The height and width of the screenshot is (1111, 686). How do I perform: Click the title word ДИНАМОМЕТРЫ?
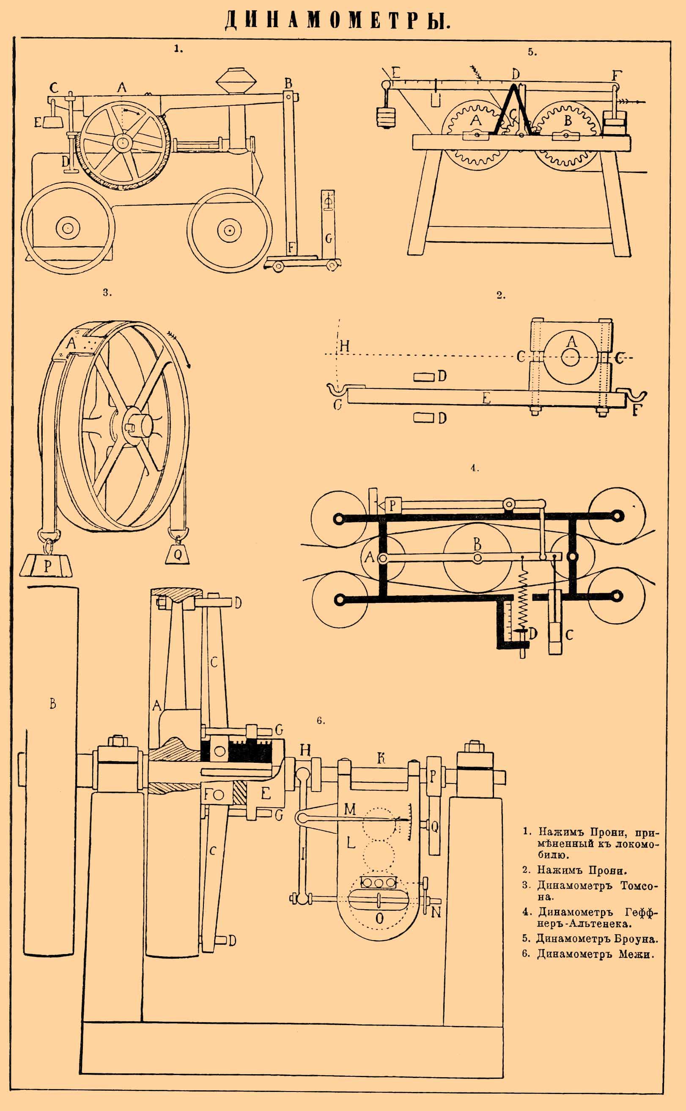click(338, 20)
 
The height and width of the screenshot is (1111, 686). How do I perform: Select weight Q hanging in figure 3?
click(178, 554)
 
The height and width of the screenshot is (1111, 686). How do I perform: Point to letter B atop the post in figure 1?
click(288, 83)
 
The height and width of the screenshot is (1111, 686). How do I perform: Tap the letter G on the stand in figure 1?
click(329, 238)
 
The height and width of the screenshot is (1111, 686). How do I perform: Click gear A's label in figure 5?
click(475, 120)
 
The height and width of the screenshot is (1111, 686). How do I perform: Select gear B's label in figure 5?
click(567, 121)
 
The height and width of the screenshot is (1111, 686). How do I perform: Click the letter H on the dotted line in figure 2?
click(344, 347)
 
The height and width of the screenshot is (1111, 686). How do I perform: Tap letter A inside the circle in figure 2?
click(572, 341)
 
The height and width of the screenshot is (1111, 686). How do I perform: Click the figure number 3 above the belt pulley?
click(107, 293)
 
